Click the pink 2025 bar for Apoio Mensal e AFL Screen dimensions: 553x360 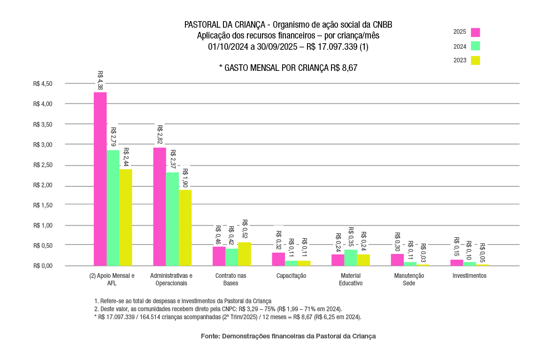pos(100,179)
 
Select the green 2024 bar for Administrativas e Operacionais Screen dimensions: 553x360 pos(172,219)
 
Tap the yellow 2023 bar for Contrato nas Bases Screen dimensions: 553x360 pos(245,254)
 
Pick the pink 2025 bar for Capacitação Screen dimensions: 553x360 pos(278,259)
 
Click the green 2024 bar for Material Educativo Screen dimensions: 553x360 pos(351,258)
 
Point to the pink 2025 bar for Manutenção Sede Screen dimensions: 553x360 pos(397,260)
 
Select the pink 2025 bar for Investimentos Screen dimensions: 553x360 pos(457,263)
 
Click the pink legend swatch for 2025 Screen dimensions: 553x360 pos(476,32)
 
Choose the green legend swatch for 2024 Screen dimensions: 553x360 pos(476,46)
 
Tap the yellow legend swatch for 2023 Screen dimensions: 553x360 pos(476,60)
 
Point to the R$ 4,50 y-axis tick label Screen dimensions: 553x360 pos(43,84)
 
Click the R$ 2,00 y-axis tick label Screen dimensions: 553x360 pos(43,185)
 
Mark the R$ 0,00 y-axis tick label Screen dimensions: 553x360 pos(43,266)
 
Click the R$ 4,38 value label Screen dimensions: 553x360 pos(100,80)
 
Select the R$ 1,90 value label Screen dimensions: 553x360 pos(185,178)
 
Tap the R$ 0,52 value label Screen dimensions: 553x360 pos(245,229)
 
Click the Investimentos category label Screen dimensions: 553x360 pos(469,276)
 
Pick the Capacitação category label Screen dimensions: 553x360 pos(292,276)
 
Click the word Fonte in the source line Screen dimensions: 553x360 pos(210,336)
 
